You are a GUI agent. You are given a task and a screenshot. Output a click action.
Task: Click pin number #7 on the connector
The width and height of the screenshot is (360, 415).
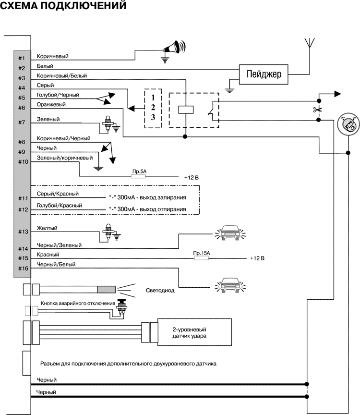coord(22,122)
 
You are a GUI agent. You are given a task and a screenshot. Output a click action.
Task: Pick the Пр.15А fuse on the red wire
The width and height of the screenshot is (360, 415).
coord(201,258)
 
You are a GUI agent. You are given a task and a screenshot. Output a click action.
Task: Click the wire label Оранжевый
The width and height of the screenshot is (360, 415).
coord(51,104)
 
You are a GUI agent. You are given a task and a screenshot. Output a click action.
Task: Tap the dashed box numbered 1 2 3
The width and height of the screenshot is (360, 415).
coord(153,108)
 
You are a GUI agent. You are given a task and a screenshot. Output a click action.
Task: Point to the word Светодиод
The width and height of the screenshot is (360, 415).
coord(159,291)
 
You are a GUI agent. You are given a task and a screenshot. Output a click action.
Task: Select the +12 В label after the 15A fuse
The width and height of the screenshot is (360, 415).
coord(257,258)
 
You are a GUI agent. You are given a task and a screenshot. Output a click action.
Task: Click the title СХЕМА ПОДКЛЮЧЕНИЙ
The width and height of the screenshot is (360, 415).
coord(63,7)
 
